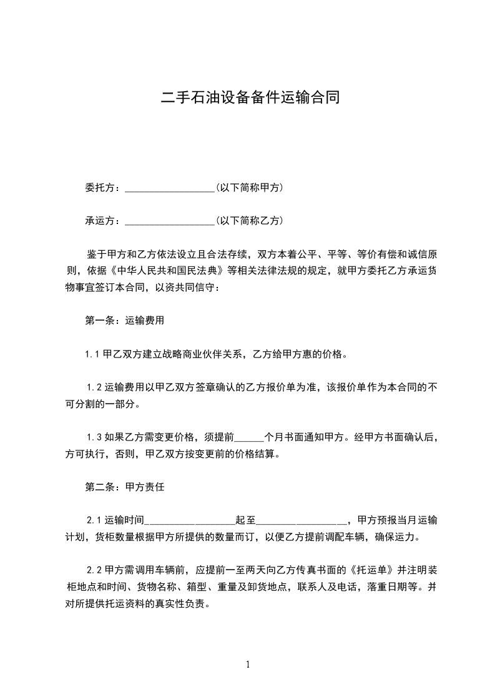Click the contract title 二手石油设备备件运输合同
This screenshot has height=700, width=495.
click(250, 97)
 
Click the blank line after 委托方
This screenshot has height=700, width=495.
click(170, 188)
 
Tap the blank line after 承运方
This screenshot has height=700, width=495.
click(170, 221)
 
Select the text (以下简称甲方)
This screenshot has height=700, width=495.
click(249, 187)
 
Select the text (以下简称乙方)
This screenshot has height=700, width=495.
click(249, 220)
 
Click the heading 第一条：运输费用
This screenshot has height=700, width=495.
click(124, 321)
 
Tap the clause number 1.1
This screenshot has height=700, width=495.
click(93, 354)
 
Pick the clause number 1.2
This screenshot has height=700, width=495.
click(94, 387)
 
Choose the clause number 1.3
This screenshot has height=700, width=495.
click(94, 437)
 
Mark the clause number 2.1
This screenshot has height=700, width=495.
click(94, 520)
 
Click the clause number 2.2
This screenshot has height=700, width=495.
click(94, 570)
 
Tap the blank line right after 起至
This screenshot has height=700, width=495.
click(301, 520)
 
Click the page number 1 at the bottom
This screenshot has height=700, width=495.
click(248, 664)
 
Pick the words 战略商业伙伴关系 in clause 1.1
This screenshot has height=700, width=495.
click(206, 354)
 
